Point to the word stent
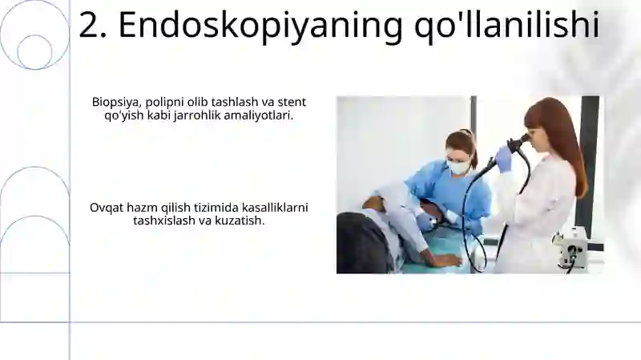292,102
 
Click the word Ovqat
106,207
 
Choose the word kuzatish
241,220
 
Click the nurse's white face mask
458,167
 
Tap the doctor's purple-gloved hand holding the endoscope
503,158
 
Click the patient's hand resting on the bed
445,260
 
